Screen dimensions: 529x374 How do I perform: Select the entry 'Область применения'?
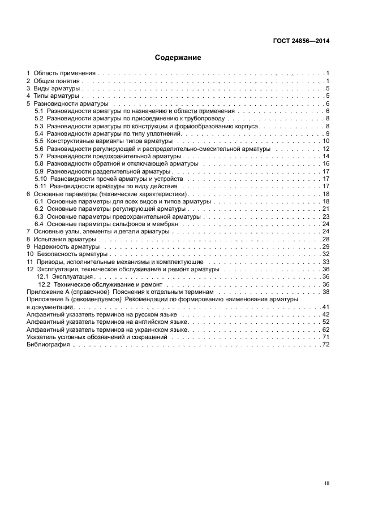point(65,73)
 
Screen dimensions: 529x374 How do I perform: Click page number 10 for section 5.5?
point(326,141)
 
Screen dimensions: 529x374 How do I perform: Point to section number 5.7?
point(39,156)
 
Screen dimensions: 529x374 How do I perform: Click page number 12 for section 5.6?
point(326,149)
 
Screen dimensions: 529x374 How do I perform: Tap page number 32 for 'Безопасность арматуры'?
point(326,254)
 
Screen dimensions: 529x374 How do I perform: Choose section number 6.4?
point(39,224)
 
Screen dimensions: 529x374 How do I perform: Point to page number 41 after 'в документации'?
point(326,307)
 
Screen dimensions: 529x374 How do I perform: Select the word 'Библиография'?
point(48,345)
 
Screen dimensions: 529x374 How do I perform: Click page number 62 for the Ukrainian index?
point(326,329)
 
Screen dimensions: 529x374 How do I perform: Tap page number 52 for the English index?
point(326,322)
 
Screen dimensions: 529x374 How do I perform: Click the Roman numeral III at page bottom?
point(326,483)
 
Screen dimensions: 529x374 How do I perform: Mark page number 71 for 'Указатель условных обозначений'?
point(326,337)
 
